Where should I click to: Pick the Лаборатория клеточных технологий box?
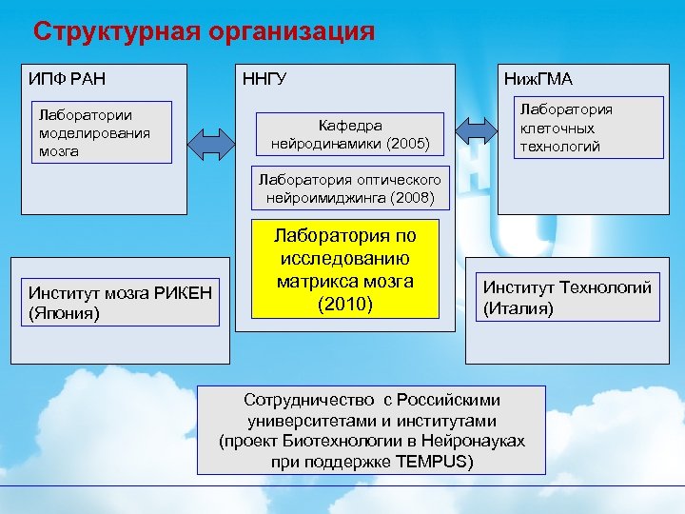tap(569, 128)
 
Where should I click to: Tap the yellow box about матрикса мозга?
tap(345, 269)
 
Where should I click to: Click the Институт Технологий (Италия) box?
tap(567, 297)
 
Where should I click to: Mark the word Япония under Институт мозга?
tap(66, 312)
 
